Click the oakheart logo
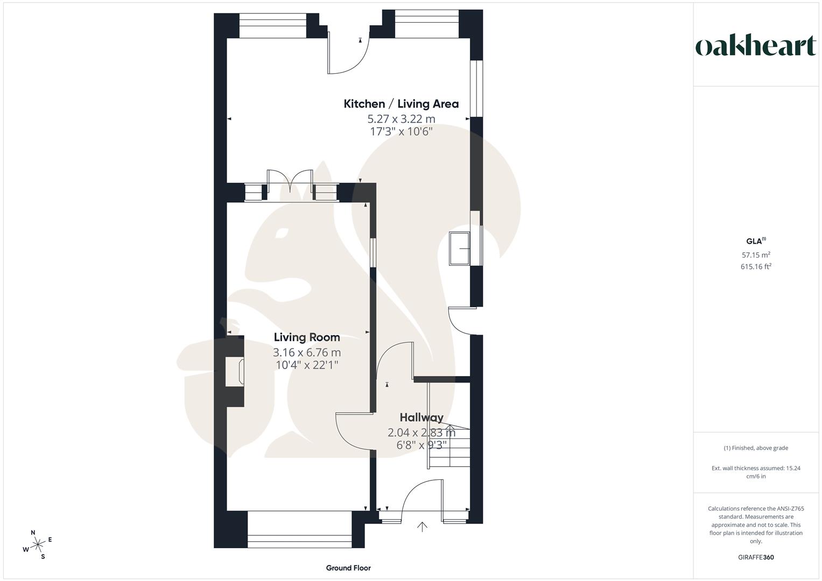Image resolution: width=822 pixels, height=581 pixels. [x=755, y=46]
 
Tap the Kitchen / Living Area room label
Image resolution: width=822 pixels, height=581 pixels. [x=401, y=104]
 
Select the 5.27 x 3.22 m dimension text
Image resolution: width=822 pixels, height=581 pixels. [x=401, y=119]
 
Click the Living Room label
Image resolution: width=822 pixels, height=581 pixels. [x=307, y=337]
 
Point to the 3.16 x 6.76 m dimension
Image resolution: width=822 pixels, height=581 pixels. [x=307, y=353]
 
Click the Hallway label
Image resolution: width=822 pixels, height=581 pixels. [x=421, y=417]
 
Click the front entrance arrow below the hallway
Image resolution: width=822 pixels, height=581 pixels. [x=423, y=527]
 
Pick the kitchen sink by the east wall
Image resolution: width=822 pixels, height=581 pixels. [x=459, y=249]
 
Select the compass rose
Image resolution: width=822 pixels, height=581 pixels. [x=38, y=545]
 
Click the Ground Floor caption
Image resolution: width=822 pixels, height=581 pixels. [x=348, y=568]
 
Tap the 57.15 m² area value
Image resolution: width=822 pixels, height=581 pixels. [x=756, y=255]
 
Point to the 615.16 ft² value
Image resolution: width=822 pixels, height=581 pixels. [x=756, y=266]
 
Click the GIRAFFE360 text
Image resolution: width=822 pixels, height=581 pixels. [x=756, y=557]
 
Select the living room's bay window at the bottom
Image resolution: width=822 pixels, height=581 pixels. [x=300, y=529]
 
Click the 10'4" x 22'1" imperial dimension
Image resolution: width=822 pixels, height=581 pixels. [x=307, y=365]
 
